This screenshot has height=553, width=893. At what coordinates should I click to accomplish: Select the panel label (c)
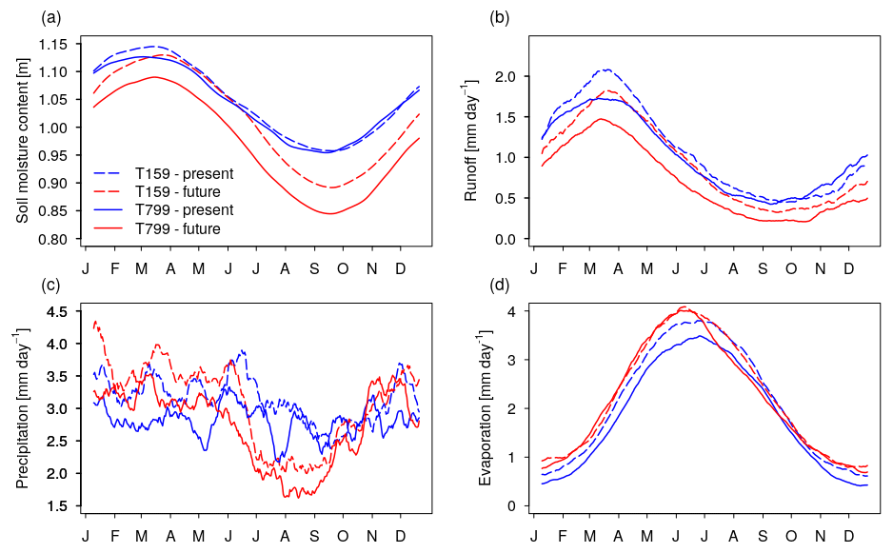click(x=51, y=285)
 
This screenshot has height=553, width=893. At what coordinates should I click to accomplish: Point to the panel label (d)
click(x=498, y=285)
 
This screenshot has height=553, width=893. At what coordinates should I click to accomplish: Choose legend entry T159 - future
click(x=183, y=192)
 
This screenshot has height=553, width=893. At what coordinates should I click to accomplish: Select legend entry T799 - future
click(x=183, y=228)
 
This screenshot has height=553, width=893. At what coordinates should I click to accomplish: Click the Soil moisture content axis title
click(x=23, y=141)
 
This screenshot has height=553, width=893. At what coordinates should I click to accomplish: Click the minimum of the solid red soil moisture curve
click(x=330, y=213)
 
